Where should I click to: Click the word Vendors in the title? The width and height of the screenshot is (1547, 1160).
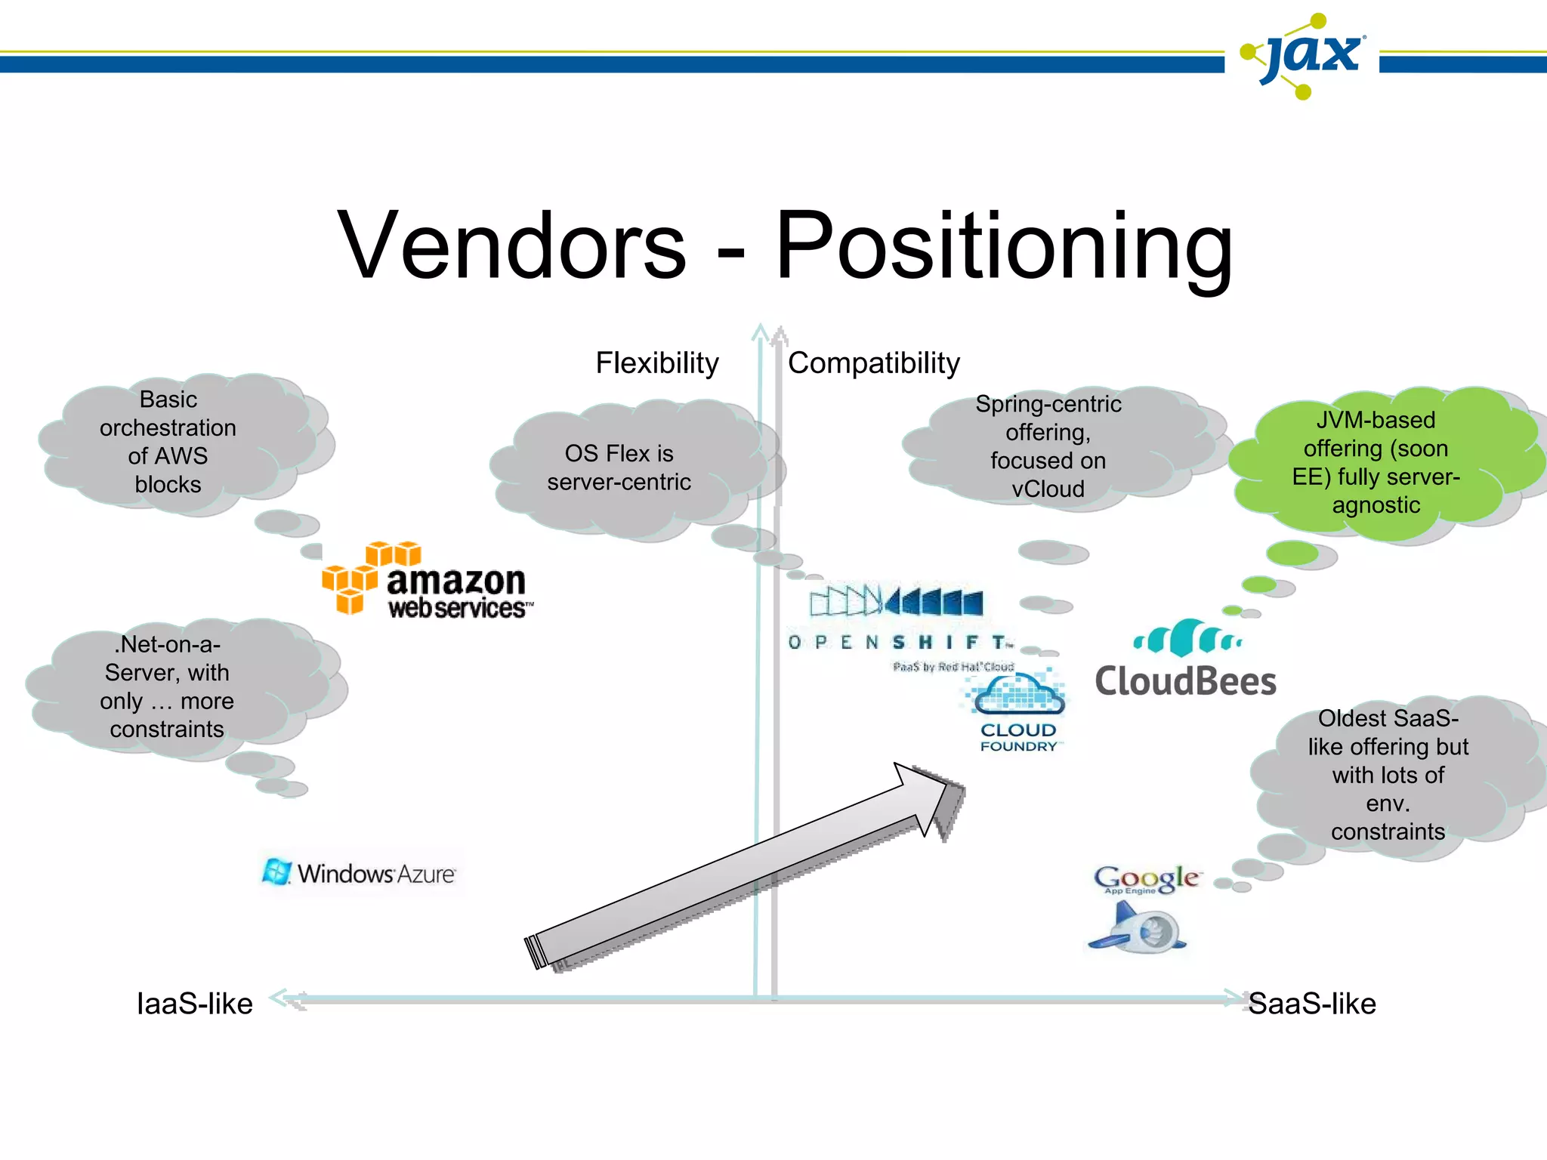[511, 246]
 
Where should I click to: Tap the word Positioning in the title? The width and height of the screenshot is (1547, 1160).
[1004, 248]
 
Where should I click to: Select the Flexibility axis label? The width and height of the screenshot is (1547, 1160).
[656, 363]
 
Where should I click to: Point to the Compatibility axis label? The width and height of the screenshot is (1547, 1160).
[873, 363]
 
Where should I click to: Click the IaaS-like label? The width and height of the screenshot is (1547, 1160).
[194, 1004]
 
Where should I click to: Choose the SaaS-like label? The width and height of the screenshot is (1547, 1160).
[1311, 1004]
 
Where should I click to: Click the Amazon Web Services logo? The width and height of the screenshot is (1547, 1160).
[428, 580]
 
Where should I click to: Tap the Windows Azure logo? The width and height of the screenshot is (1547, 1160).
[360, 873]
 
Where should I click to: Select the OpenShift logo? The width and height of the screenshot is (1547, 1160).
[899, 623]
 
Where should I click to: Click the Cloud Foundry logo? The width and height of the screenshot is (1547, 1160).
[1017, 710]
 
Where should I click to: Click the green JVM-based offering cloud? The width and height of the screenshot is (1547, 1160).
[1376, 462]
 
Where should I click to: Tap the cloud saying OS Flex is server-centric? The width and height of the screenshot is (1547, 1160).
[619, 467]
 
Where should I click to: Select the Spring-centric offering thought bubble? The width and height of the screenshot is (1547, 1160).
[1048, 446]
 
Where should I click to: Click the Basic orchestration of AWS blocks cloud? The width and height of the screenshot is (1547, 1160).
[168, 442]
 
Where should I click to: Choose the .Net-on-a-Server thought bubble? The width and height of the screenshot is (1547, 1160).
[167, 686]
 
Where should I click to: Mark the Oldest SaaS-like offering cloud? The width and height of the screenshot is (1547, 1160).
[1388, 775]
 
